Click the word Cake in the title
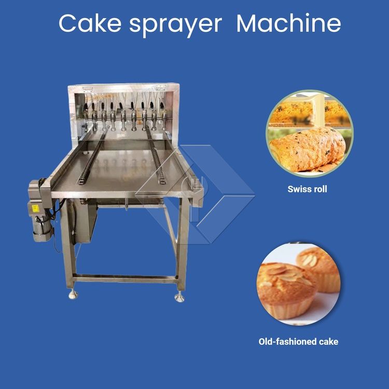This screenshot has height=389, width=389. (x=90, y=23)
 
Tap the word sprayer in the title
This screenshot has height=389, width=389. (x=176, y=25)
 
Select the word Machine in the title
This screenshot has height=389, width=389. (x=289, y=23)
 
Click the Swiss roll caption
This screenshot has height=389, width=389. (x=307, y=189)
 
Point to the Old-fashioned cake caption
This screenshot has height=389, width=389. (x=298, y=342)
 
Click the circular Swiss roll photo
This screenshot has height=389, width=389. (x=309, y=133)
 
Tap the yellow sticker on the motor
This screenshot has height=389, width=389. (x=35, y=208)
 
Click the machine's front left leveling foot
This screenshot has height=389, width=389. (x=73, y=295)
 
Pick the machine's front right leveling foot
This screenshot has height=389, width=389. (x=179, y=297)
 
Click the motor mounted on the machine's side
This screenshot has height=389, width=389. (x=40, y=211)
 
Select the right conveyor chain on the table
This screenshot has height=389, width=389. (x=156, y=156)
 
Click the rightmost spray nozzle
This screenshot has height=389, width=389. (x=163, y=115)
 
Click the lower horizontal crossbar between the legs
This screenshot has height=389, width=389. (x=125, y=279)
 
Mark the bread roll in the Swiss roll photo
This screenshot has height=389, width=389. (x=308, y=149)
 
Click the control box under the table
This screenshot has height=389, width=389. (x=85, y=221)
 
